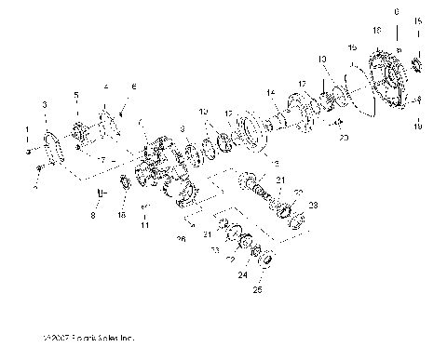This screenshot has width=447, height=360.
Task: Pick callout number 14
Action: [270, 92]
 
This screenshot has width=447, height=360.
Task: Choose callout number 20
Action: [344, 136]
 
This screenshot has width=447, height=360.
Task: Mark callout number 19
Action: [416, 122]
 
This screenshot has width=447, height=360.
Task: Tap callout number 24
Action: [245, 275]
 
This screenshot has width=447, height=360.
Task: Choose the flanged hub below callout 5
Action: [83, 129]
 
